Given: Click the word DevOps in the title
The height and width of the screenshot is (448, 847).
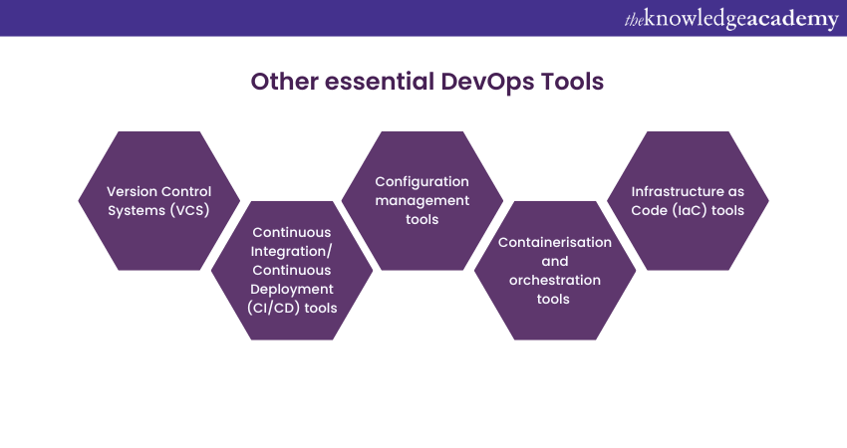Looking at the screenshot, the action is coord(487,83).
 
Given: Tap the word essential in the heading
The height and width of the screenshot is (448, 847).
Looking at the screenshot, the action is coord(380,82).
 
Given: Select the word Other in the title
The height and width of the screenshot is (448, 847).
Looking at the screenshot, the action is coord(285,82).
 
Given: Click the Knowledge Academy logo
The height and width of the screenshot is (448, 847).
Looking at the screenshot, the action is coord(731,19).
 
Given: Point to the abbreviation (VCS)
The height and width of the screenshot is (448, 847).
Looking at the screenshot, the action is coord(189,210).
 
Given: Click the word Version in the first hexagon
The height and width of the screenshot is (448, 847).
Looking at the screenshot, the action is coord(131,191).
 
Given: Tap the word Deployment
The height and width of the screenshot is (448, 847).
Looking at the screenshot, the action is coord(292,290).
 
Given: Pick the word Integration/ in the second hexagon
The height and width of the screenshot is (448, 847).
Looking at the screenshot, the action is coord(292,252).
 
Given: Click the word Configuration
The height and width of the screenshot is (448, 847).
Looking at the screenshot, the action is coord(422,182).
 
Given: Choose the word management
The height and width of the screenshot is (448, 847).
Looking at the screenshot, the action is coord(422,201).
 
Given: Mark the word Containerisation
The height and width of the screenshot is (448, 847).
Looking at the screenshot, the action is coord(555,242).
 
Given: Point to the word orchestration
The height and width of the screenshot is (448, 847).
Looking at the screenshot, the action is coord(555,280).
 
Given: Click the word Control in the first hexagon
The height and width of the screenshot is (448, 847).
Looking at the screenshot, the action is coord(184,191).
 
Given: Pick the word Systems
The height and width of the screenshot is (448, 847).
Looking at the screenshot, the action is coord(137,210).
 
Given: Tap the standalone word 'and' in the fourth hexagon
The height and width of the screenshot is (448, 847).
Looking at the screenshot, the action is coord(555,261).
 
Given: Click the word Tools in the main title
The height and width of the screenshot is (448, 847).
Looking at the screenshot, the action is coord(572,82).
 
